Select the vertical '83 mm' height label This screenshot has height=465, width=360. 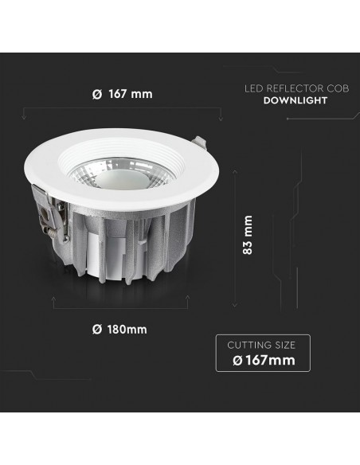click(x=248, y=235)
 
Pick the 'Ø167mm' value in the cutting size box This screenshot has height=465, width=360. click(x=263, y=361)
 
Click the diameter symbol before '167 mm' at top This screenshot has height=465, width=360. click(x=96, y=94)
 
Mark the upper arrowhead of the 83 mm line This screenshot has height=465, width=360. click(x=235, y=170)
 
